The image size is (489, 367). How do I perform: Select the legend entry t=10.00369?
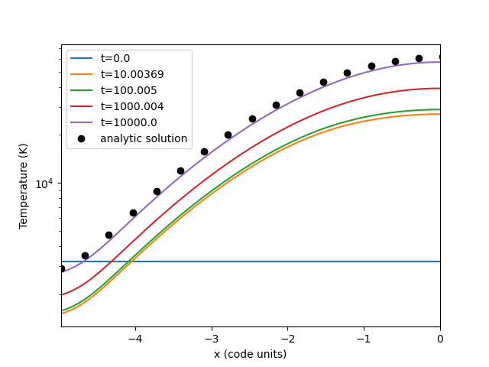(131, 74)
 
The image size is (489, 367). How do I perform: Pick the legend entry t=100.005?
(128, 90)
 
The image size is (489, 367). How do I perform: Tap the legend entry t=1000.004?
(131, 106)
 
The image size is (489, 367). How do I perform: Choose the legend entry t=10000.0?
(128, 122)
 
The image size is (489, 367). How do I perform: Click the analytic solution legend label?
(144, 138)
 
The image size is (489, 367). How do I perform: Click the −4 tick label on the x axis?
(135, 339)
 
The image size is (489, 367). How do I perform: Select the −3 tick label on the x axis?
(212, 339)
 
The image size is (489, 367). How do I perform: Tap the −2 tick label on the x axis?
(287, 339)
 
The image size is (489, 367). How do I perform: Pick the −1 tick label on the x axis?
(364, 339)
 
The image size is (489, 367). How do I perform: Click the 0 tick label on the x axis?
(440, 339)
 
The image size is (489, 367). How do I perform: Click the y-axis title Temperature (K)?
(24, 186)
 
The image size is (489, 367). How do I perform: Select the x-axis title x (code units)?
(251, 354)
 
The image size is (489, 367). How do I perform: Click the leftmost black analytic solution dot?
(62, 268)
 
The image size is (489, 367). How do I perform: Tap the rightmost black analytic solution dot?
(440, 57)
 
